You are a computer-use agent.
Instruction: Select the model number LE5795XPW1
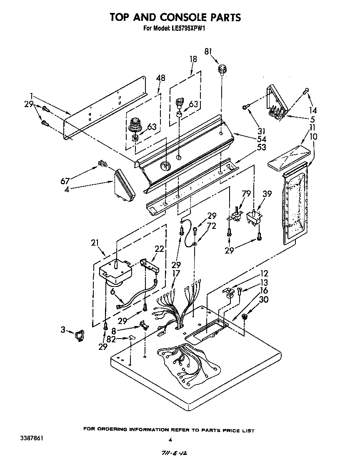pyautogui.click(x=187, y=29)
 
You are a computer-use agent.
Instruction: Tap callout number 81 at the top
pyautogui.click(x=208, y=51)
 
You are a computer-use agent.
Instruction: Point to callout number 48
pyautogui.click(x=160, y=78)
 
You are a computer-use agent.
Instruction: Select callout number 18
pyautogui.click(x=193, y=59)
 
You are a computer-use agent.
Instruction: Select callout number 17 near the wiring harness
pyautogui.click(x=176, y=274)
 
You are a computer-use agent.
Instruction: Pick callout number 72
pyautogui.click(x=212, y=226)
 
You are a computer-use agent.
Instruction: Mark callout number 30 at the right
pyautogui.click(x=263, y=299)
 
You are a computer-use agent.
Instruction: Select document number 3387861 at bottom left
pyautogui.click(x=30, y=438)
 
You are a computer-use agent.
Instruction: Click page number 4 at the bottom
pyautogui.click(x=170, y=439)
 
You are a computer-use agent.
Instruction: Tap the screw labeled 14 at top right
pyautogui.click(x=306, y=90)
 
